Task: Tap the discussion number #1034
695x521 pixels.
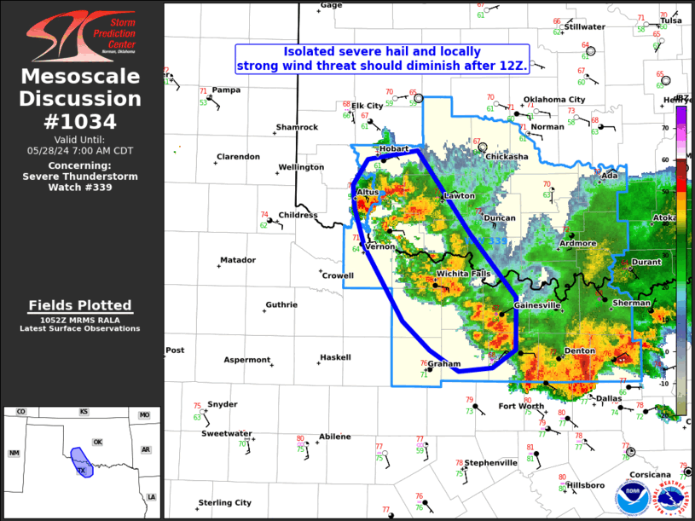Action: (82, 120)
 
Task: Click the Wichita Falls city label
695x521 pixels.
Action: (463, 273)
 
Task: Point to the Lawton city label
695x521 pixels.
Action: (459, 196)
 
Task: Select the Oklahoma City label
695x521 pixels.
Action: (553, 99)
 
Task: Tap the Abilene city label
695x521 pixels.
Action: (334, 437)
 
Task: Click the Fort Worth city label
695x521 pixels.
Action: (520, 406)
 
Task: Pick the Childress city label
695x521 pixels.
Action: (298, 215)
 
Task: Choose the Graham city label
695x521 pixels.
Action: (444, 363)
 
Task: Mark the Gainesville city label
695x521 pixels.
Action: (536, 304)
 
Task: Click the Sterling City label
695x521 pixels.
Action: (224, 502)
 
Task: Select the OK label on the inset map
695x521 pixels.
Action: (97, 442)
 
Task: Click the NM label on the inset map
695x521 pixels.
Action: (14, 453)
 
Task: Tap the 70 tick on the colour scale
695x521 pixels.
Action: (687, 128)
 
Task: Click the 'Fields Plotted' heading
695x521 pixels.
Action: (80, 305)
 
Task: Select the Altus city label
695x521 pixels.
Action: (368, 193)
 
